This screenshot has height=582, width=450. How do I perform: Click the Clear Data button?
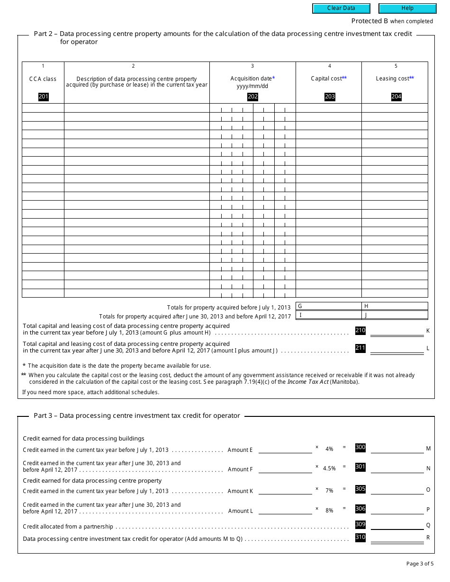[x=341, y=8]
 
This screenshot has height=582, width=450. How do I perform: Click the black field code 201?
[x=43, y=97]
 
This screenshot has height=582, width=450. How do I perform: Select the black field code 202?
[x=252, y=97]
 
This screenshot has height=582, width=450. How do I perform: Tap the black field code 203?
[x=330, y=97]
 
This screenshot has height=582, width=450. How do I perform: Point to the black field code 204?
[x=396, y=97]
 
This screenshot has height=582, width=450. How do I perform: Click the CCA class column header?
[x=43, y=79]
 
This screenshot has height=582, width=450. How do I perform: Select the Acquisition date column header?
[x=252, y=79]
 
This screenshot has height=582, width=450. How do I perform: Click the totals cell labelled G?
[x=329, y=306]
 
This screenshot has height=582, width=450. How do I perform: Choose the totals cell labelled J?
[x=395, y=315]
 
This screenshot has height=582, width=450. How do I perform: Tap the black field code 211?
[x=360, y=348]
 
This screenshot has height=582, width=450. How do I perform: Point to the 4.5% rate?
[x=329, y=468]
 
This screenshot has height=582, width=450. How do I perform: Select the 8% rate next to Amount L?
[x=329, y=511]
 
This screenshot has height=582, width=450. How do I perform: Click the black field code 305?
[x=360, y=489]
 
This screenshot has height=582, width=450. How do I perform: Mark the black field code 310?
[x=360, y=537]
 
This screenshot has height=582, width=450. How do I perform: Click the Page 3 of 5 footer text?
[x=420, y=564]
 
